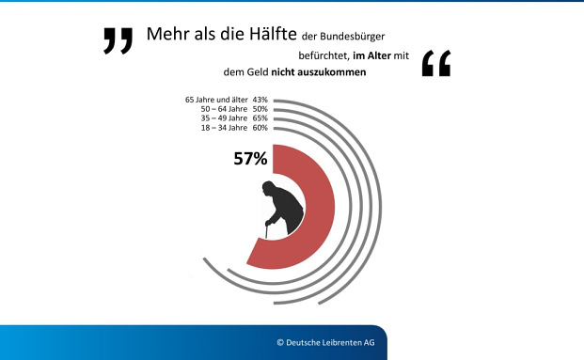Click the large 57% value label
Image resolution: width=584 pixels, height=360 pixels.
coord(251,159)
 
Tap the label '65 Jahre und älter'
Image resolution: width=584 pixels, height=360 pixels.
coord(212,100)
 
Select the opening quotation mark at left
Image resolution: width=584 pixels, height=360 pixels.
coord(118,41)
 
